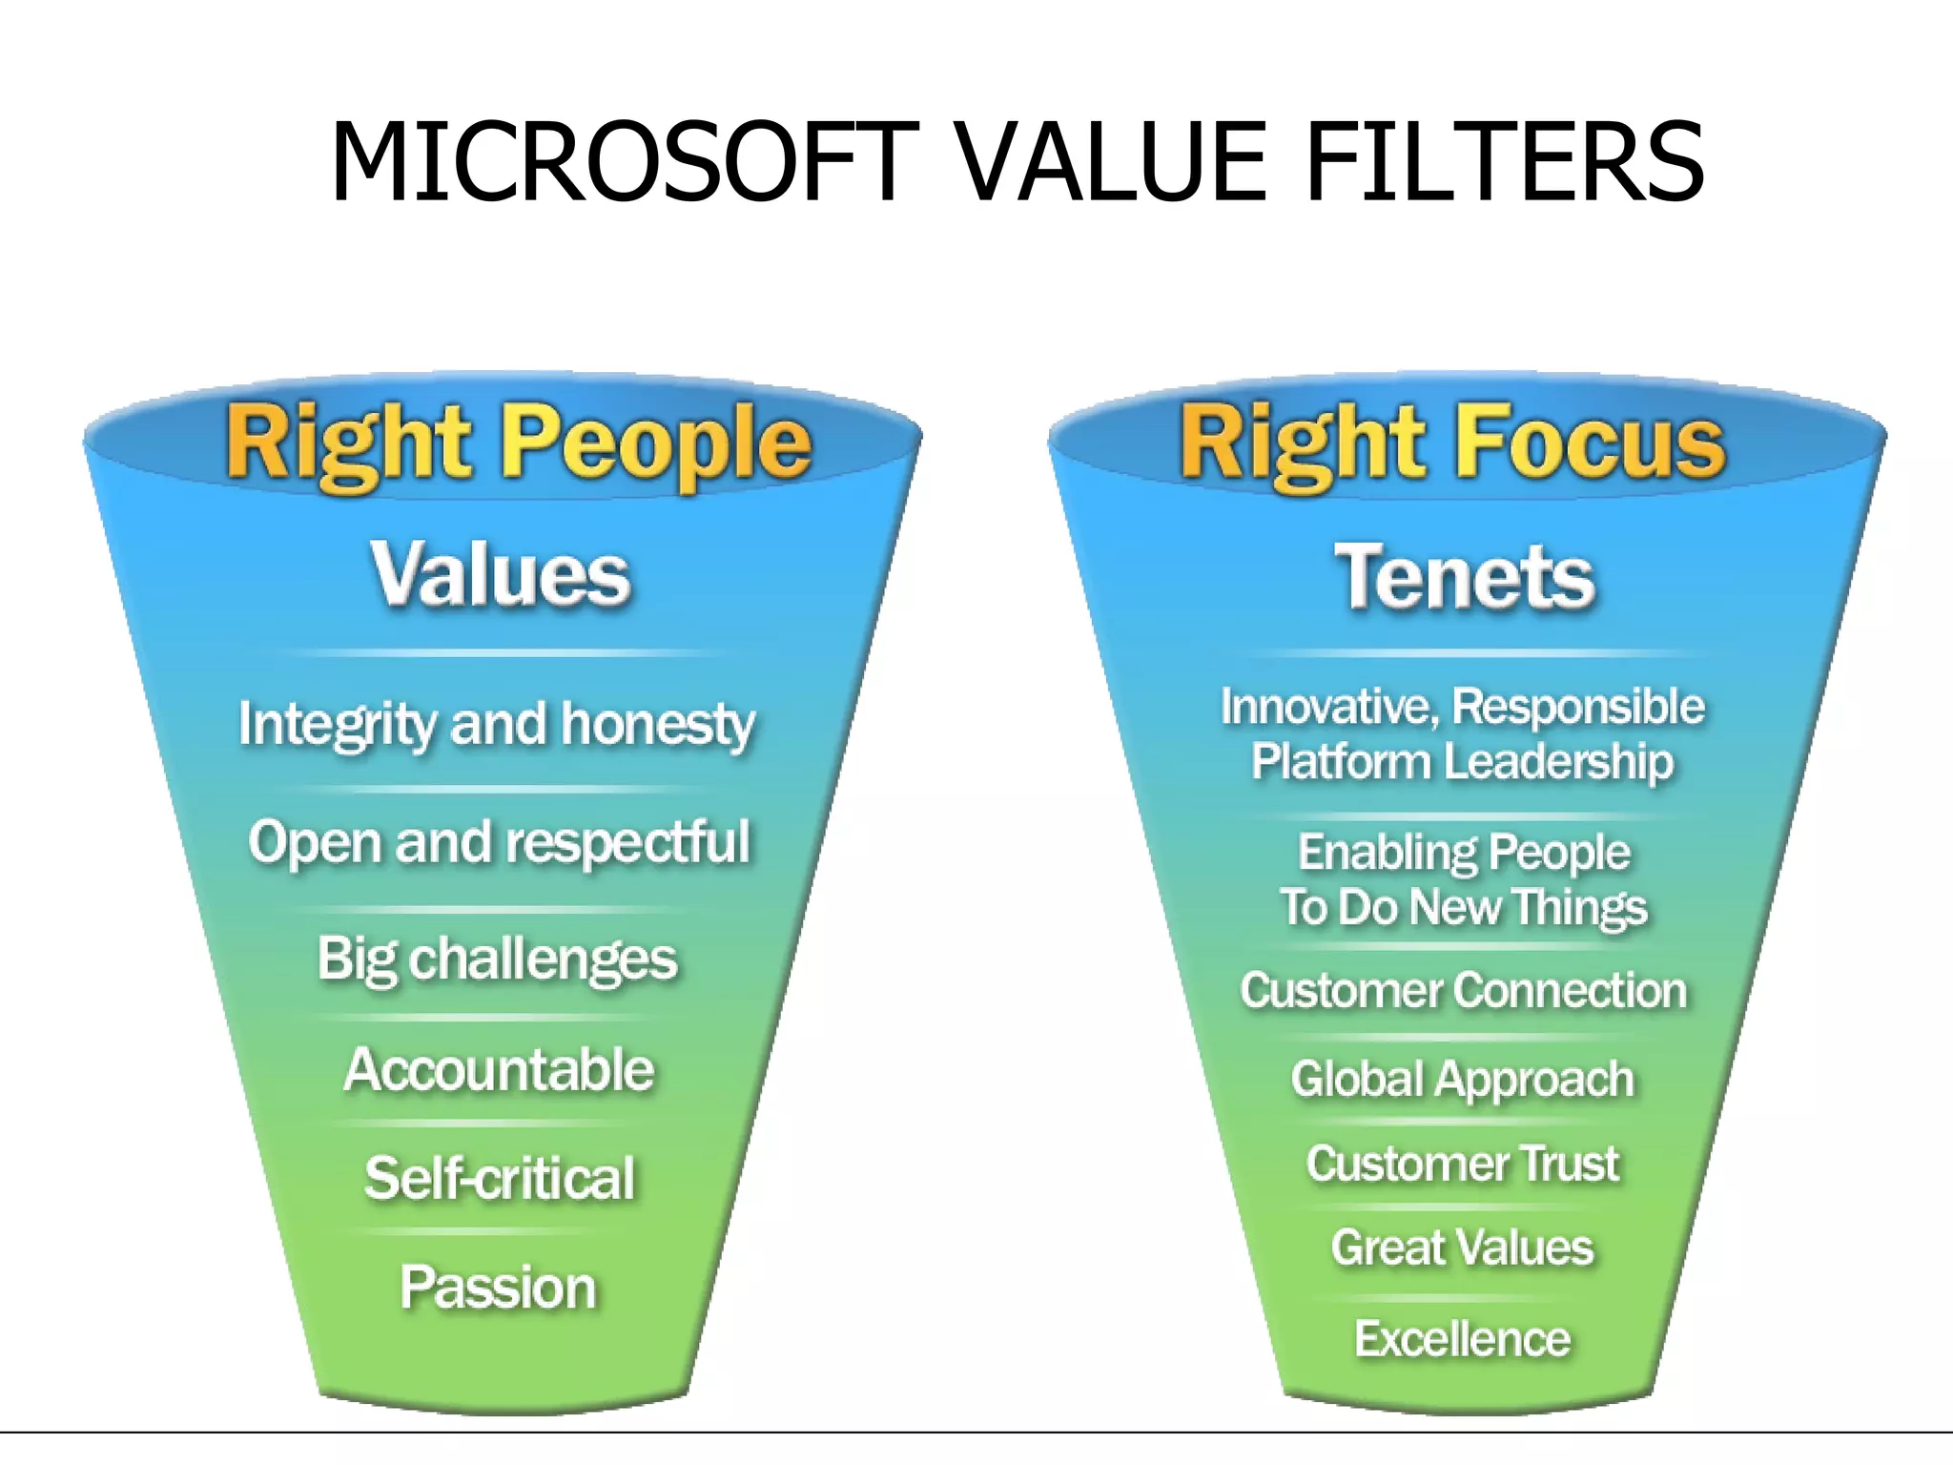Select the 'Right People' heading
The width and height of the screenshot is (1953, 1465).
point(518,444)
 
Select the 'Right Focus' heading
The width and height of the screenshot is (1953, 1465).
point(1451,444)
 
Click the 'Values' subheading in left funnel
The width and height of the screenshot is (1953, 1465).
point(501,574)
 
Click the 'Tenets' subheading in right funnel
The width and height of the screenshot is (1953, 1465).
point(1464,577)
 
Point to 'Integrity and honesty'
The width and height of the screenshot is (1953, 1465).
point(497,725)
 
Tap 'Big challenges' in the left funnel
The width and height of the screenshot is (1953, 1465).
point(497,959)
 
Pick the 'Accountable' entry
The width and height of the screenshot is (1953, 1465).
point(499,1070)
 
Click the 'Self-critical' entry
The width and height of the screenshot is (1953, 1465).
point(499,1179)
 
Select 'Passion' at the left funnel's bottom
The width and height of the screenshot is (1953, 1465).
point(498,1288)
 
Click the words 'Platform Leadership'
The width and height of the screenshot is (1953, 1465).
point(1462,762)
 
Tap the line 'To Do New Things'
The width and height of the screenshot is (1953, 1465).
point(1463,907)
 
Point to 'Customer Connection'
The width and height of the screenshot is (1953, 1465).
point(1463,991)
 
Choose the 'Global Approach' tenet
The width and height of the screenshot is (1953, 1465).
point(1462,1080)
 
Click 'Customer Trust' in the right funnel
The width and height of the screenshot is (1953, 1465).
point(1462,1165)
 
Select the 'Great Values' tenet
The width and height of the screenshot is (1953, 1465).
point(1462,1248)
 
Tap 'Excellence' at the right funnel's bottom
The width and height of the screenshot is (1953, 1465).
point(1462,1339)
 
